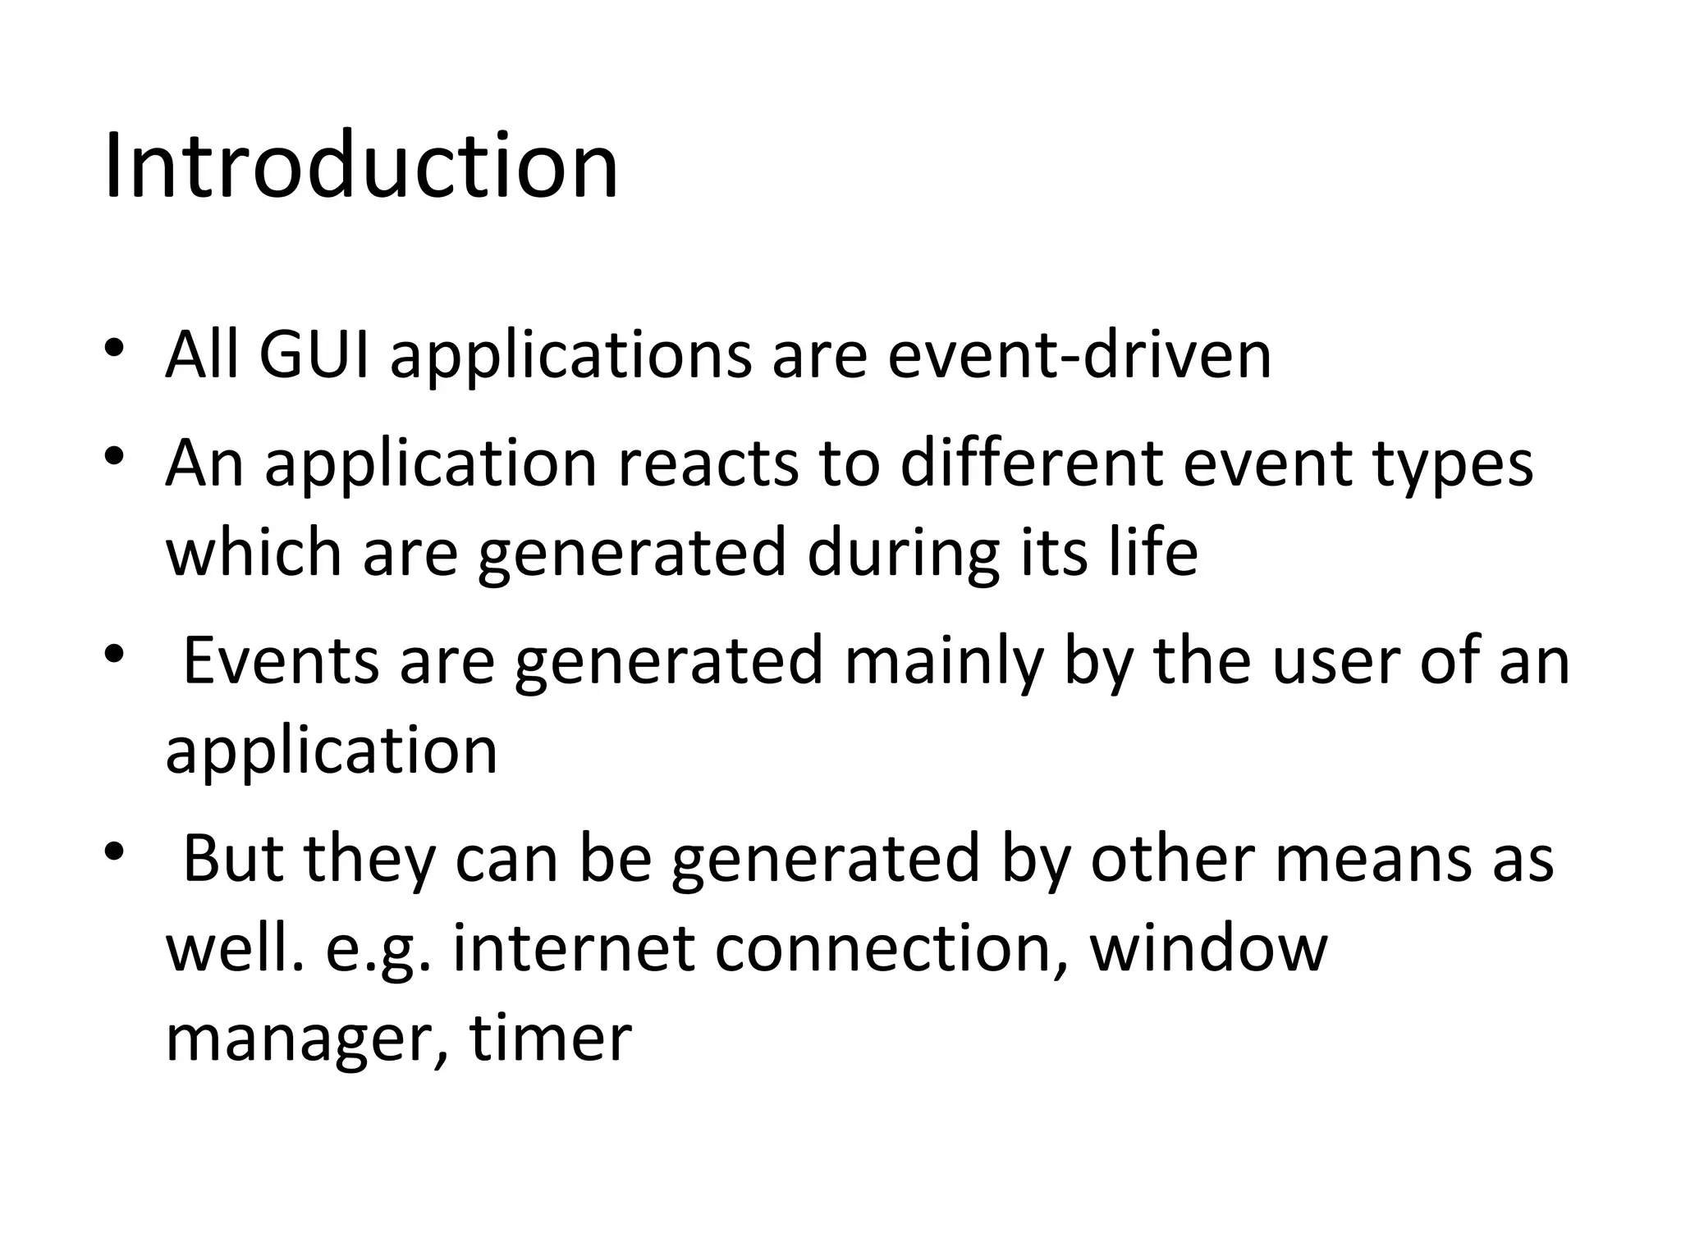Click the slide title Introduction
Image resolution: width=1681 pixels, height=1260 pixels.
point(361,166)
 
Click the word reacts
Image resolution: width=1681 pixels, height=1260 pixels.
point(708,463)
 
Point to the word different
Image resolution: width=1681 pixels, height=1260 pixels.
point(1032,463)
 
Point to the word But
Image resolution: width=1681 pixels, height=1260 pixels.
point(233,858)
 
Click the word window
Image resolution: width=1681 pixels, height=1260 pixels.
point(1208,948)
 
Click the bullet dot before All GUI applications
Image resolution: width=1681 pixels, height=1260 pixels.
point(114,346)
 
